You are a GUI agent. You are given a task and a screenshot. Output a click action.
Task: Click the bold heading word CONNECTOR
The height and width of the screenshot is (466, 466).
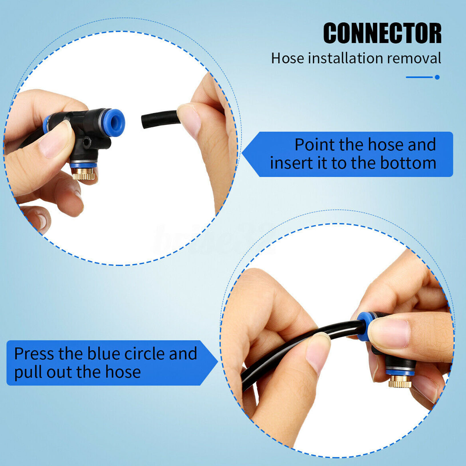pyautogui.click(x=382, y=33)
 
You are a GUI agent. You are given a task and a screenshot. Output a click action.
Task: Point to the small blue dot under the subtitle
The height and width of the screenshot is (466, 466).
pyautogui.click(x=437, y=77)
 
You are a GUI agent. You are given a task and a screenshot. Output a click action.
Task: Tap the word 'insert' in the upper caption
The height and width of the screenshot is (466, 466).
pyautogui.click(x=292, y=163)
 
